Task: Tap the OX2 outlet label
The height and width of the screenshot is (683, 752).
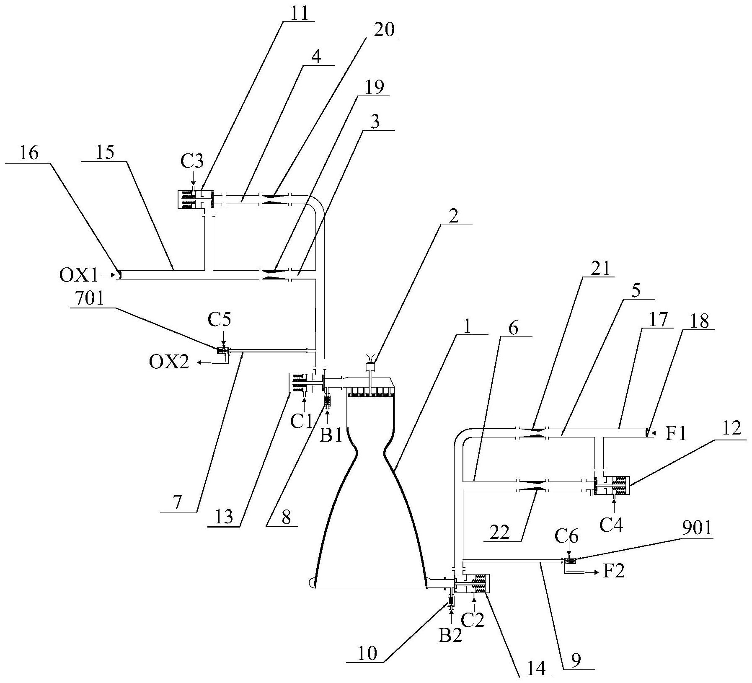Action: tap(169, 362)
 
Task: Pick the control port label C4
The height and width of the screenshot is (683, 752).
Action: tap(611, 525)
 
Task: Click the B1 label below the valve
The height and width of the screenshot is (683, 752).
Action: tap(331, 436)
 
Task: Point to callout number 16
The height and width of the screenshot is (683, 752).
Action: tap(28, 153)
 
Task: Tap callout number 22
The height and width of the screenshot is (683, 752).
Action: tap(499, 533)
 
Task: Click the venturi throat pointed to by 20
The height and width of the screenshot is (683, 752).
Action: tap(275, 199)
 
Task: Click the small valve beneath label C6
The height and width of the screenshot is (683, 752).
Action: tap(570, 561)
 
